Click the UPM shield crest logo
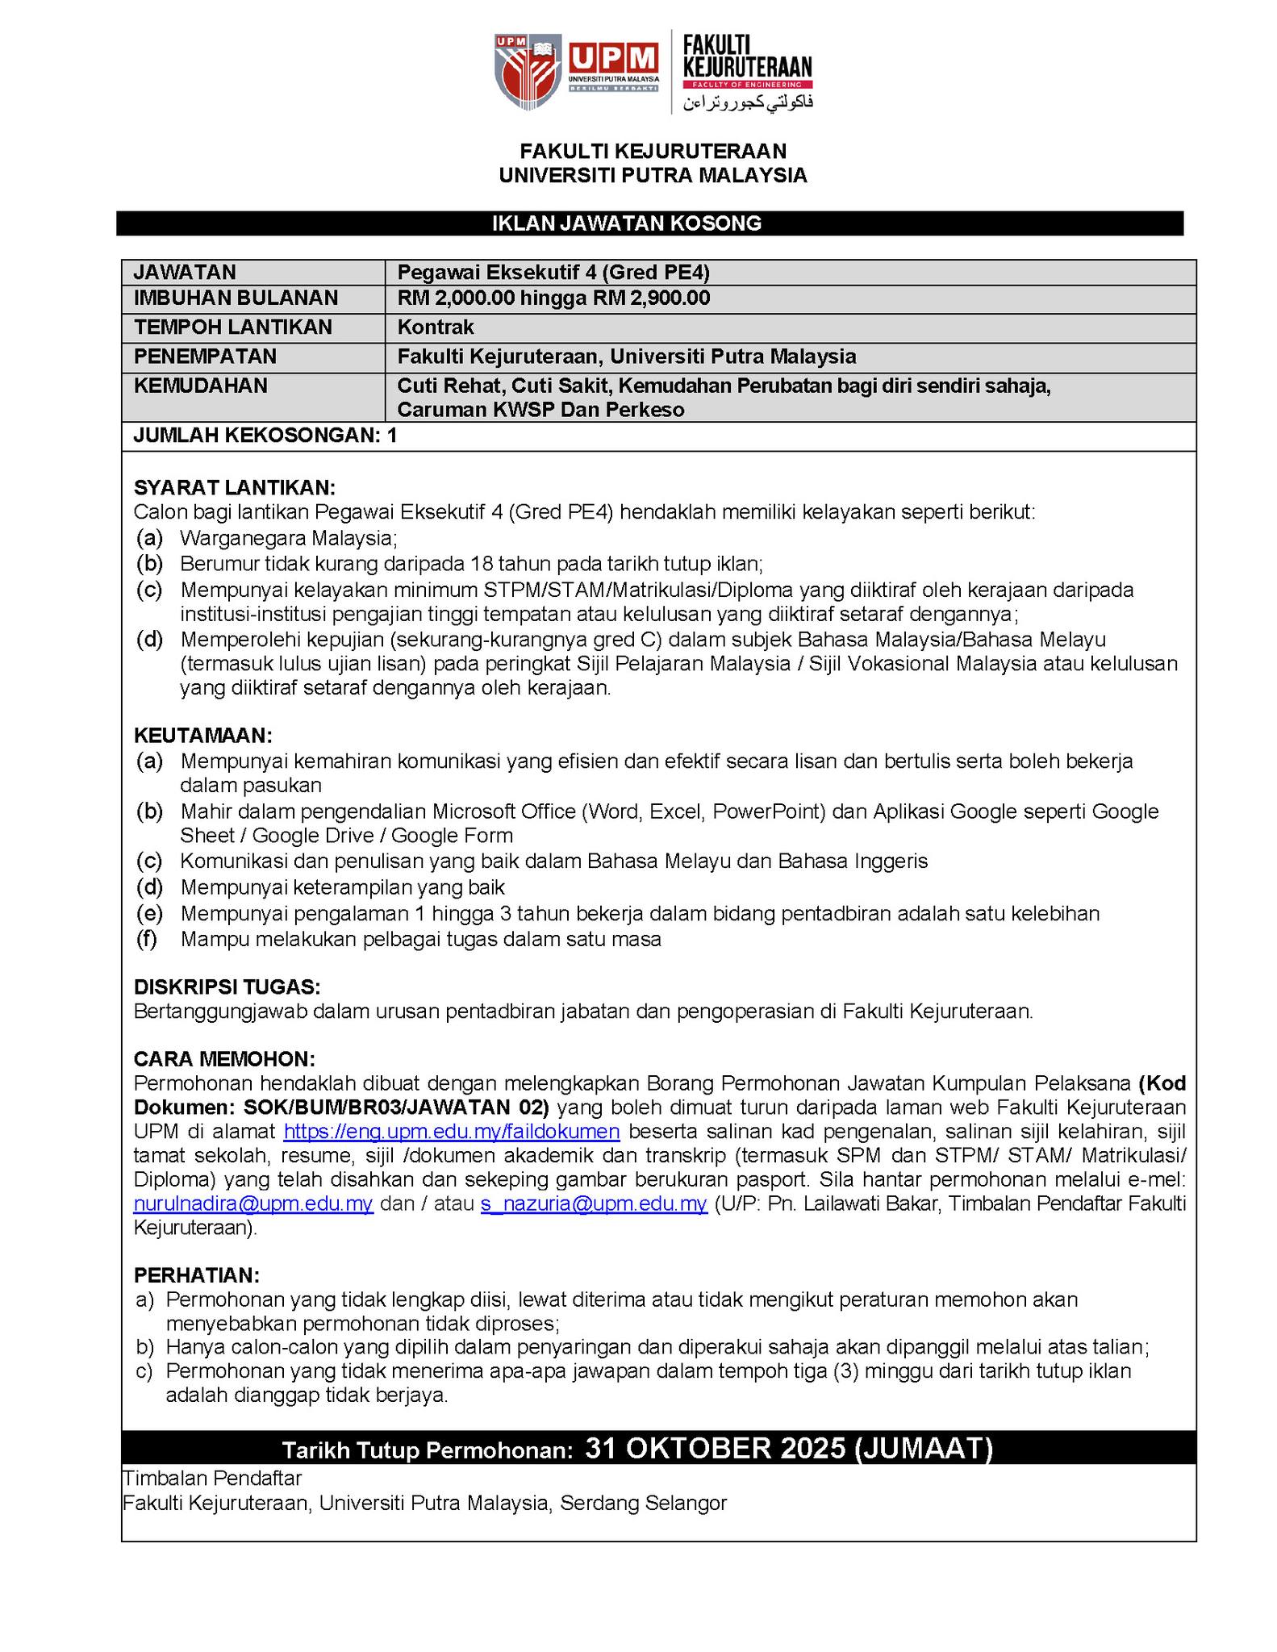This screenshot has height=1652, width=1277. (528, 71)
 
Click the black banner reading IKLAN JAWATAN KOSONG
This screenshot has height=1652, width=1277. (649, 223)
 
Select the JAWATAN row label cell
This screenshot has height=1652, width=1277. (185, 272)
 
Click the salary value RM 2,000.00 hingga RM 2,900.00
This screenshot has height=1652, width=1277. (553, 298)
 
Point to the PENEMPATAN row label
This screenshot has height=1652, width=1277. (205, 357)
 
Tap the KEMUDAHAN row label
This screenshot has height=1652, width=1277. (200, 386)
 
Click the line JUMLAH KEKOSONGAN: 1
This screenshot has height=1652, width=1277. (265, 436)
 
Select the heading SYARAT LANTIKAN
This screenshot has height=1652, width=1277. (234, 487)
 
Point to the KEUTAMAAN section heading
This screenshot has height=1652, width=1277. (203, 736)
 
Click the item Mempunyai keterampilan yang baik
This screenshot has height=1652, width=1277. (343, 888)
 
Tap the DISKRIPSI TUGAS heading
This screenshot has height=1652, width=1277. (227, 987)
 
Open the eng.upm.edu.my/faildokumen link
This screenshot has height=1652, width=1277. (452, 1132)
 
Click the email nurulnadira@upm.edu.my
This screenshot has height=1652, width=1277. (253, 1204)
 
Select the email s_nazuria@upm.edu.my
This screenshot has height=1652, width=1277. (594, 1204)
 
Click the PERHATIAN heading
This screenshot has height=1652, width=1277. (197, 1275)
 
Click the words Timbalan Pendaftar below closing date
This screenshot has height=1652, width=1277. (211, 1479)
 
